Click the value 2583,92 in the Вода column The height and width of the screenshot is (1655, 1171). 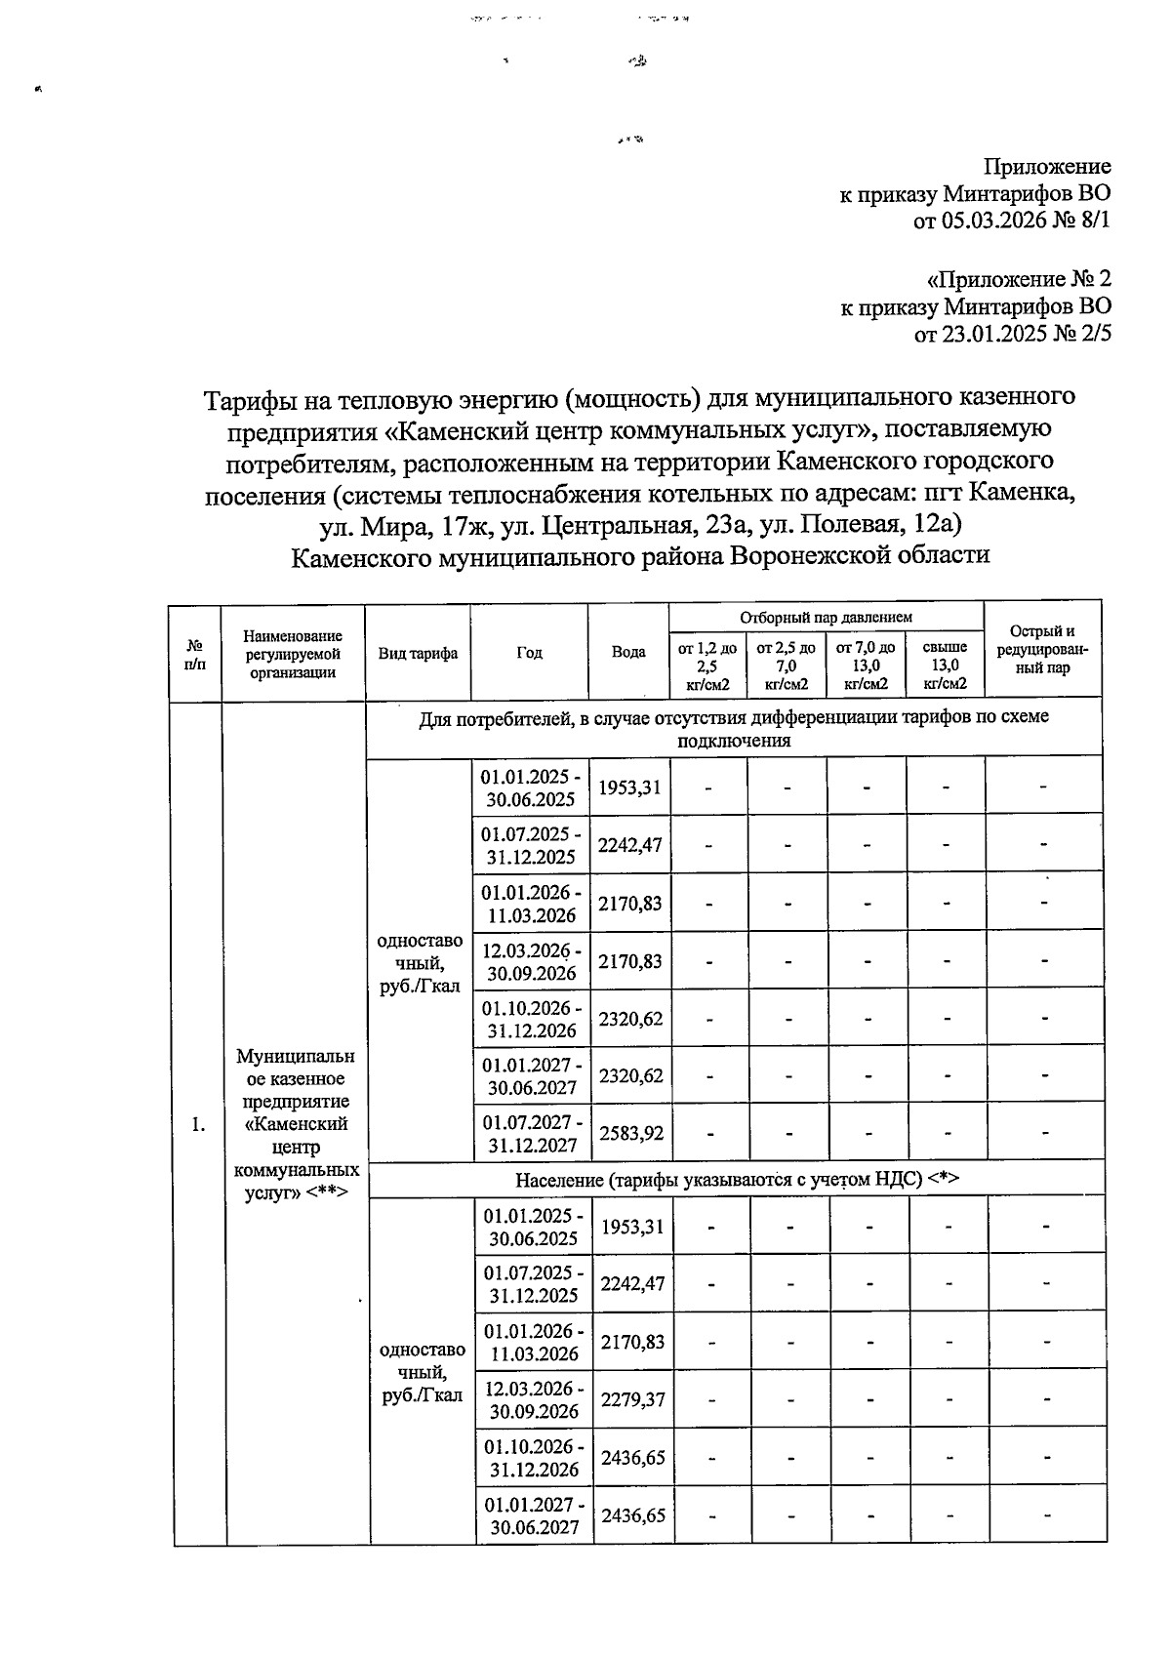pos(630,1133)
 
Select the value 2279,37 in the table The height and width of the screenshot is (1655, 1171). pos(632,1399)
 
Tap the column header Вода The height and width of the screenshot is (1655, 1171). pos(627,652)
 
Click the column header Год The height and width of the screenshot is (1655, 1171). pos(530,653)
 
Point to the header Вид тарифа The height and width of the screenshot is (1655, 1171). pos(418,653)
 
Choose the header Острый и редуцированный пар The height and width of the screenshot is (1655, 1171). pos(1042,650)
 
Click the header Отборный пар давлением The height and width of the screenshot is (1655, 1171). pos(826,618)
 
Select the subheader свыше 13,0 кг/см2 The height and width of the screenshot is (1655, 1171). pos(945,665)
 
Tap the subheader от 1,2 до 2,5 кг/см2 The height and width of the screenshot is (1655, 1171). pos(707,665)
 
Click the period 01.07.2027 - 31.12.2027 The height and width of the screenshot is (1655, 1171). pos(532,1133)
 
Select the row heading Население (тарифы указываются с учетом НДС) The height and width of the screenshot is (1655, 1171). pos(737,1179)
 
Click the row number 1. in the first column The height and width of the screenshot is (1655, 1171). pos(199,1124)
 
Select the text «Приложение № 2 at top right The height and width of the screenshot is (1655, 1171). pos(1018,279)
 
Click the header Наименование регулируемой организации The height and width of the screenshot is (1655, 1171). pos(293,653)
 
